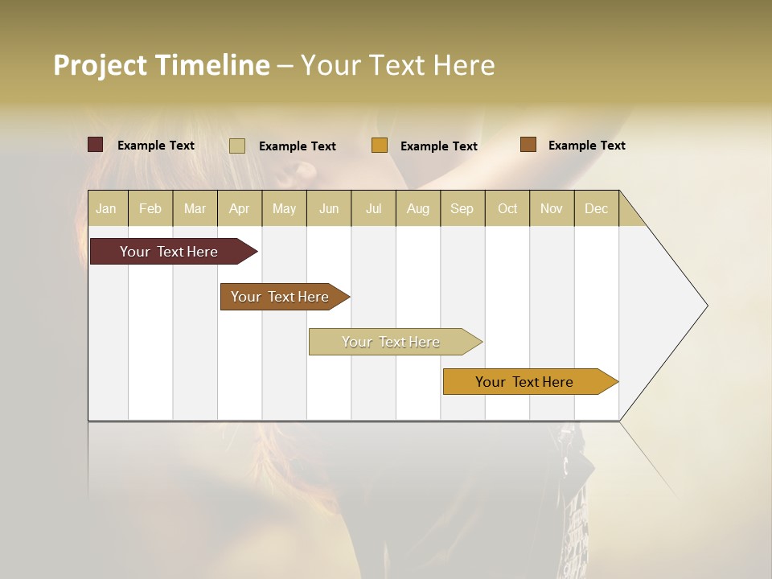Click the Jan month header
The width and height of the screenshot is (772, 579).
click(x=107, y=208)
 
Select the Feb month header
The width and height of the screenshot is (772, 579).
click(x=150, y=208)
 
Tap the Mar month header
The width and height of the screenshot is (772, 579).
click(x=195, y=208)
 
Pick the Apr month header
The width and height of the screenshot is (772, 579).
click(x=240, y=208)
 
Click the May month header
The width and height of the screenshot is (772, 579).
click(x=284, y=208)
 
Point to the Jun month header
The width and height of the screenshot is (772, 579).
click(x=329, y=208)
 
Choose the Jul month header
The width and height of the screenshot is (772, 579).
click(x=373, y=208)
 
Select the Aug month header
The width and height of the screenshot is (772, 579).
click(x=418, y=208)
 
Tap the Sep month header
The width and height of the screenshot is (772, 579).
click(x=462, y=208)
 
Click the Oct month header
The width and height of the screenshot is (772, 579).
click(x=507, y=208)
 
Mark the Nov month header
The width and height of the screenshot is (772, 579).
click(x=552, y=208)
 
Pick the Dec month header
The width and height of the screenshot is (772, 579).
click(x=597, y=208)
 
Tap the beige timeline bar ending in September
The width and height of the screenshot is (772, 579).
click(x=392, y=342)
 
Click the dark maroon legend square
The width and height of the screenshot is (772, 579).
click(x=96, y=145)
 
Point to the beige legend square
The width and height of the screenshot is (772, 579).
click(x=237, y=146)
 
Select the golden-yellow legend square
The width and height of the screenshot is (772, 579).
click(x=380, y=146)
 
